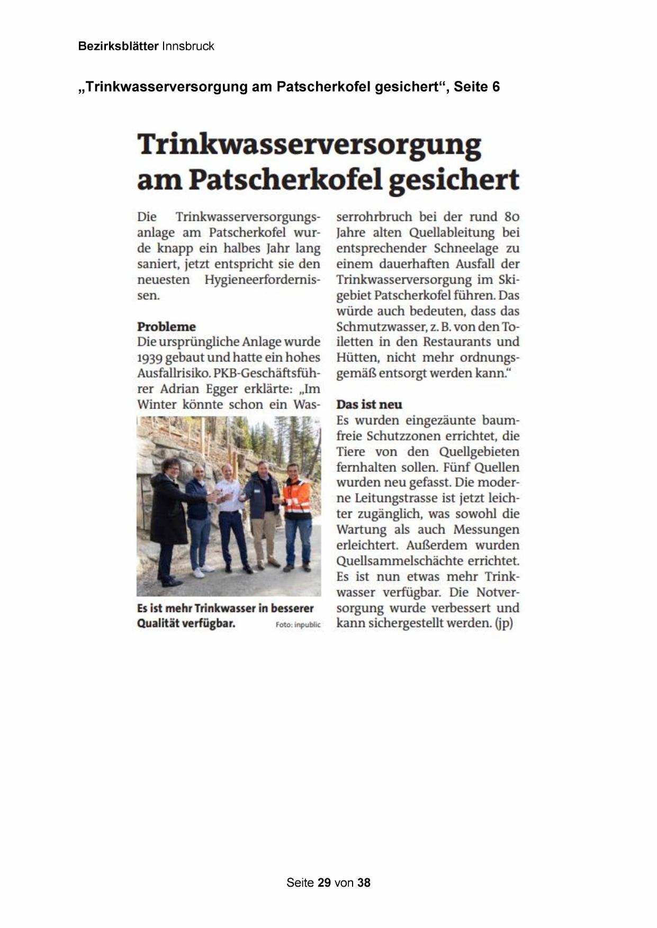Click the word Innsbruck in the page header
pyautogui.click(x=188, y=46)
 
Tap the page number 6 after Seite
pyautogui.click(x=496, y=87)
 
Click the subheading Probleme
pyautogui.click(x=166, y=326)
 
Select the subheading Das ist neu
pyautogui.click(x=369, y=405)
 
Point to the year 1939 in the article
pyautogui.click(x=149, y=358)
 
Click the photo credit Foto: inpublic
pyautogui.click(x=298, y=625)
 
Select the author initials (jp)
pyautogui.click(x=504, y=623)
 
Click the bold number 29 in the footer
pyautogui.click(x=324, y=882)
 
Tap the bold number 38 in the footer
pyautogui.click(x=364, y=882)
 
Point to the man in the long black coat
pyautogui.click(x=168, y=518)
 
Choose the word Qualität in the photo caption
pyautogui.click(x=157, y=623)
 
